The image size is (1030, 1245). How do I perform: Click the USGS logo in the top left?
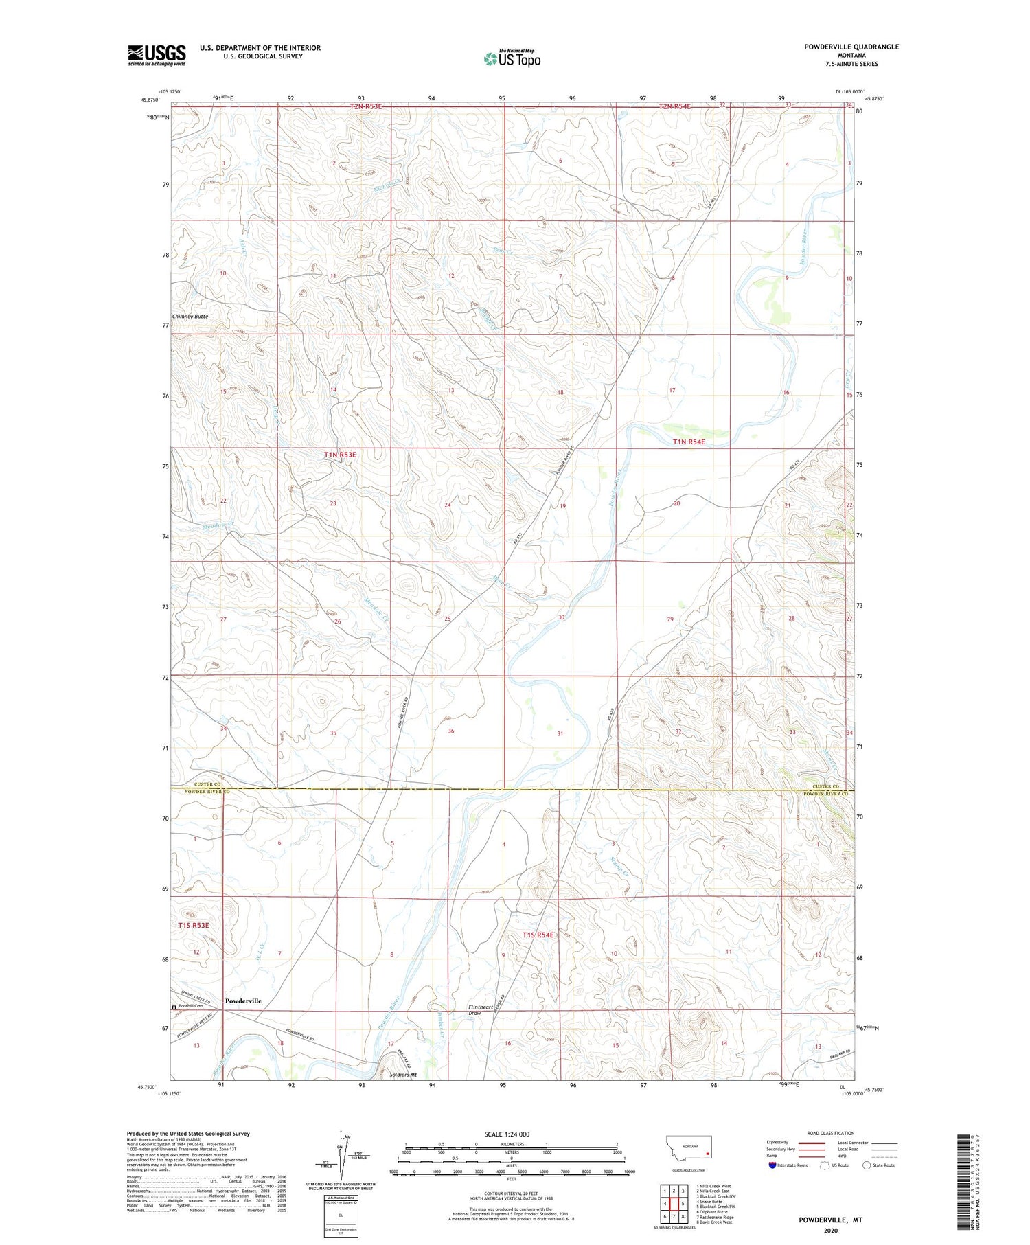[x=157, y=55]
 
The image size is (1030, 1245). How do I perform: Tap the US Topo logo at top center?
[x=512, y=59]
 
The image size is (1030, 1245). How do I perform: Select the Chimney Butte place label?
[x=190, y=317]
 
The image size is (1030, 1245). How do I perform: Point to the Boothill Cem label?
[x=189, y=1006]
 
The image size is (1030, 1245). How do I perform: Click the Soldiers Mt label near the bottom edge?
[x=403, y=1075]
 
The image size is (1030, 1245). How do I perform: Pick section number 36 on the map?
[x=450, y=731]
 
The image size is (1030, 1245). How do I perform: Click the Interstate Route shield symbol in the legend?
[x=774, y=1165]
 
